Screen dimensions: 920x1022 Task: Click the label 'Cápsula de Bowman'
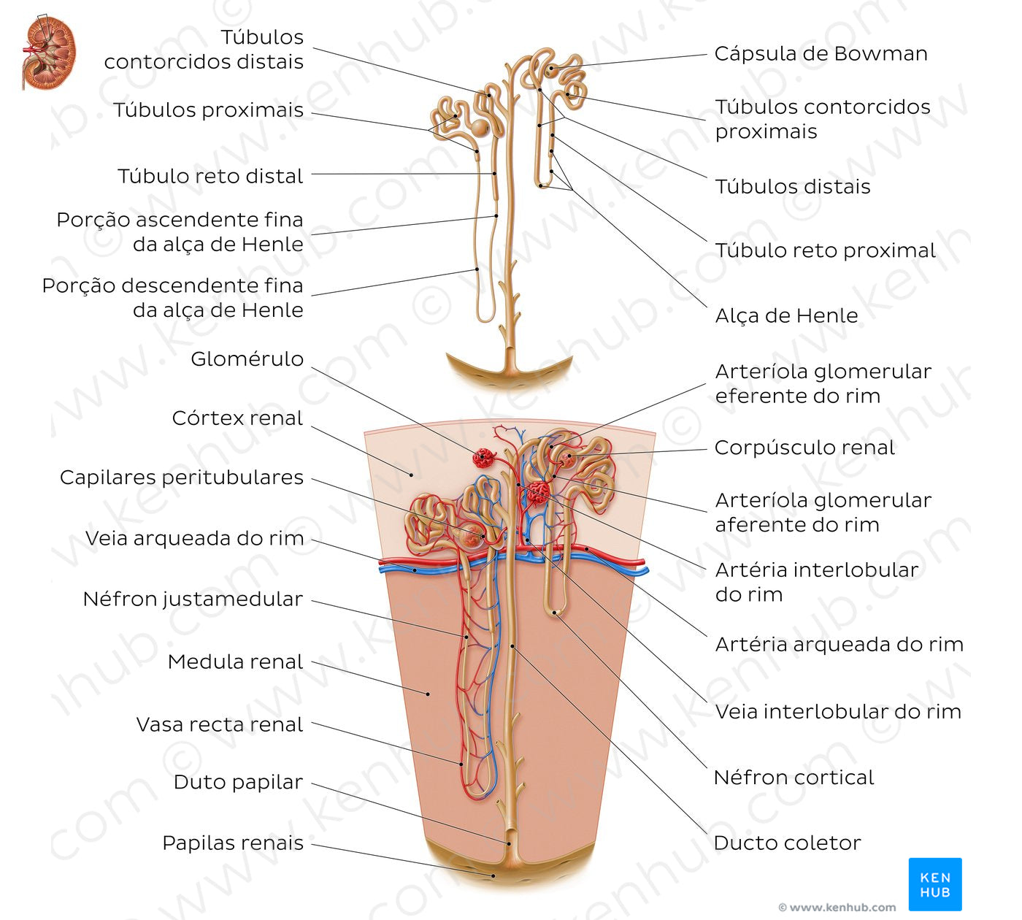click(821, 54)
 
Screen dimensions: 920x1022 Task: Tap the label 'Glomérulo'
click(247, 359)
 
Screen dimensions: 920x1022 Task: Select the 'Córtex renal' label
click(237, 418)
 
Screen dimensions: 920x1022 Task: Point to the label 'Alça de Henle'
click(786, 316)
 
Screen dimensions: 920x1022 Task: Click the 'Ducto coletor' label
click(787, 843)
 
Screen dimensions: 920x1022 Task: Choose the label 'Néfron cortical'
click(794, 778)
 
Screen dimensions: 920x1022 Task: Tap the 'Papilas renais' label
click(233, 843)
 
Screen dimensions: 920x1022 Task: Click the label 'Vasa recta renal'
click(219, 725)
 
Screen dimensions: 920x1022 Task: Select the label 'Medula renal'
click(235, 662)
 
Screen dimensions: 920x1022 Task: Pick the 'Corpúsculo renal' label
click(804, 448)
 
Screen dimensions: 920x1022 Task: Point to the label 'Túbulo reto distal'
click(210, 177)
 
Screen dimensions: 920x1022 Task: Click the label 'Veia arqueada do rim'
click(194, 539)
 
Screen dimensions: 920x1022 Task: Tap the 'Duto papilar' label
click(238, 783)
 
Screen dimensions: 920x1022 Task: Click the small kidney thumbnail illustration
click(48, 53)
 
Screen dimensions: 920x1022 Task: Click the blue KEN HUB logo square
click(934, 883)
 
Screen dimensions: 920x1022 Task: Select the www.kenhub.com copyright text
click(837, 908)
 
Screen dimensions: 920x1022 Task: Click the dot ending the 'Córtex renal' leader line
click(411, 475)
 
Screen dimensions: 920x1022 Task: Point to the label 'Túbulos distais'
click(793, 187)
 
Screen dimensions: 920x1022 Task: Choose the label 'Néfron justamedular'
click(193, 599)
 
